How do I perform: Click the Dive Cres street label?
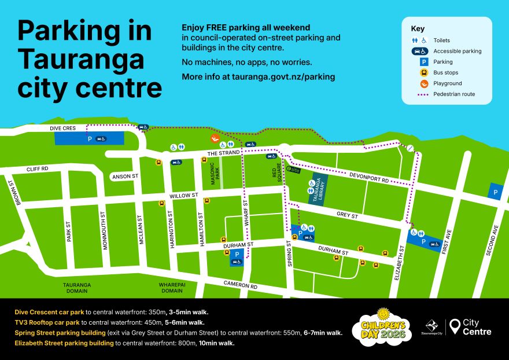(x=62, y=128)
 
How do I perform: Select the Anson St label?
(x=126, y=176)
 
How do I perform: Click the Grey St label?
(x=348, y=216)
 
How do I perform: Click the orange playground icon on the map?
(x=214, y=139)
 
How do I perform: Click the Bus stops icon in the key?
(x=423, y=72)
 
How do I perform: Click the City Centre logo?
(x=471, y=327)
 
